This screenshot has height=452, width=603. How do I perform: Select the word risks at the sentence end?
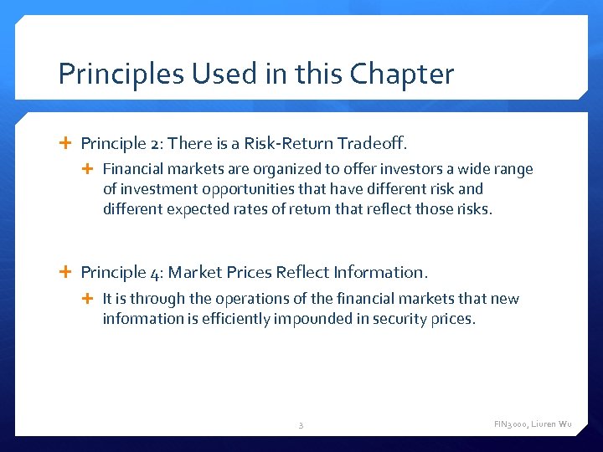pyautogui.click(x=473, y=209)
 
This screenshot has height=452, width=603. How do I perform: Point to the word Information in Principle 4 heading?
pyautogui.click(x=380, y=272)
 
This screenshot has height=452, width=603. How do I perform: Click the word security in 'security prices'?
pyautogui.click(x=406, y=319)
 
